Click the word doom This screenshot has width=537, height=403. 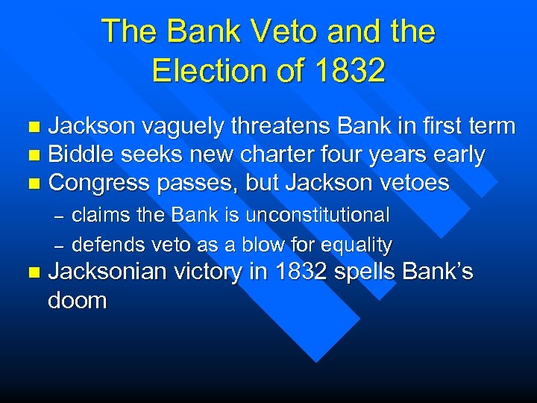pyautogui.click(x=77, y=301)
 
